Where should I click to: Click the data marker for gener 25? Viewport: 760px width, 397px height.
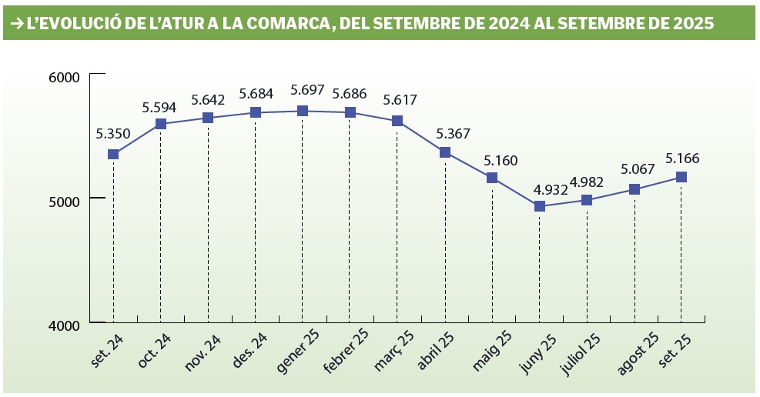[x=303, y=111]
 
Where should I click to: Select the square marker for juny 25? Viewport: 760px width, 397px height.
[x=540, y=206]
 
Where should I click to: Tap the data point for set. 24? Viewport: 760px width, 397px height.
[x=113, y=154]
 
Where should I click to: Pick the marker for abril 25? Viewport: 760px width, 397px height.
[x=445, y=152]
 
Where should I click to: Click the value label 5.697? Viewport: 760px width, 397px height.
[x=306, y=91]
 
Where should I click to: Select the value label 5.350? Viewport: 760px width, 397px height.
[x=113, y=134]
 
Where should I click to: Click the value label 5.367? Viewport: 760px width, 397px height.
[x=453, y=133]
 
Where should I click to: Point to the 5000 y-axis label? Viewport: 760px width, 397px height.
[x=65, y=201]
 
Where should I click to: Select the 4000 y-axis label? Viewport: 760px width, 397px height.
[x=65, y=325]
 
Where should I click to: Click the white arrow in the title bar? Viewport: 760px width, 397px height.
[x=15, y=24]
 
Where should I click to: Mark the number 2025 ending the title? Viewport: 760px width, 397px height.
[x=691, y=24]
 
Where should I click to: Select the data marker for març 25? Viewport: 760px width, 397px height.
[x=397, y=121]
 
